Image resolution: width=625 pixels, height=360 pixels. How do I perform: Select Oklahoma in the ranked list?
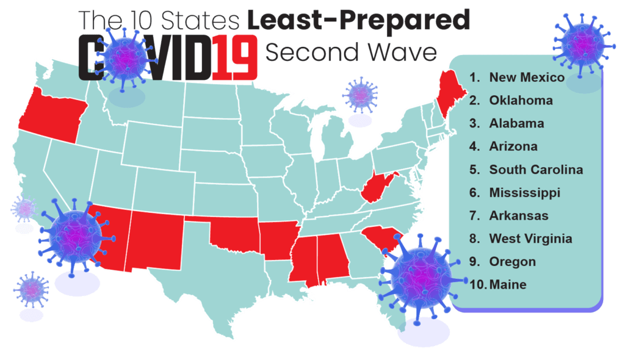click(x=521, y=101)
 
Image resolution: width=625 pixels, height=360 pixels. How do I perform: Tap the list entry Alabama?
click(x=516, y=123)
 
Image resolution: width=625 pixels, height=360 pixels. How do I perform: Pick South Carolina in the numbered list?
click(x=535, y=170)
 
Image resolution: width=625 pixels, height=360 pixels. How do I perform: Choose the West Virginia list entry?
click(x=530, y=239)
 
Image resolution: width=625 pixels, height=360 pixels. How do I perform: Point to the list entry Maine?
click(x=507, y=284)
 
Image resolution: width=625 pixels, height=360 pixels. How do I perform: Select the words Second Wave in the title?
click(x=351, y=52)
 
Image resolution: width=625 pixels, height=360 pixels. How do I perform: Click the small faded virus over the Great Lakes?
click(x=360, y=95)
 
